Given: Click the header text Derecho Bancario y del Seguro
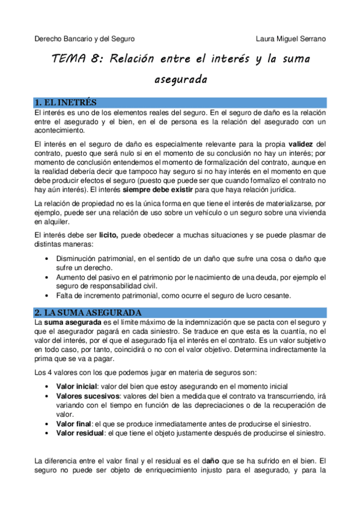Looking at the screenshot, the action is (x=85, y=39).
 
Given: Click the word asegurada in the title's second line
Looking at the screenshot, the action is (x=180, y=79).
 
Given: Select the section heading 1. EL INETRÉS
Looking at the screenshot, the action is (x=66, y=103).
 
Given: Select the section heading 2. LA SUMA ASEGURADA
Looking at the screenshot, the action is (x=87, y=313).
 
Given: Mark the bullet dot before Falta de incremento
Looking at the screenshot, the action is (x=47, y=295).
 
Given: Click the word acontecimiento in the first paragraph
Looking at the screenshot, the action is (x=59, y=130).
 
